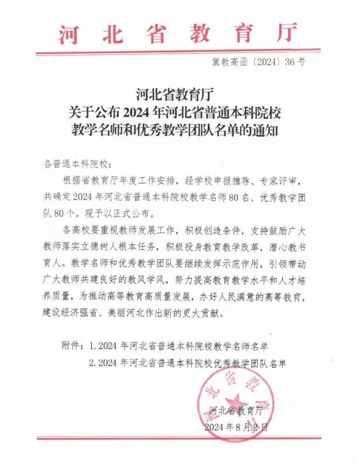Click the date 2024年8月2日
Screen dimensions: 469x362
click(236, 427)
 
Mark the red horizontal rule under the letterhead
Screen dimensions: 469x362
click(180, 51)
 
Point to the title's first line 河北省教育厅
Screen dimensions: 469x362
click(180, 93)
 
